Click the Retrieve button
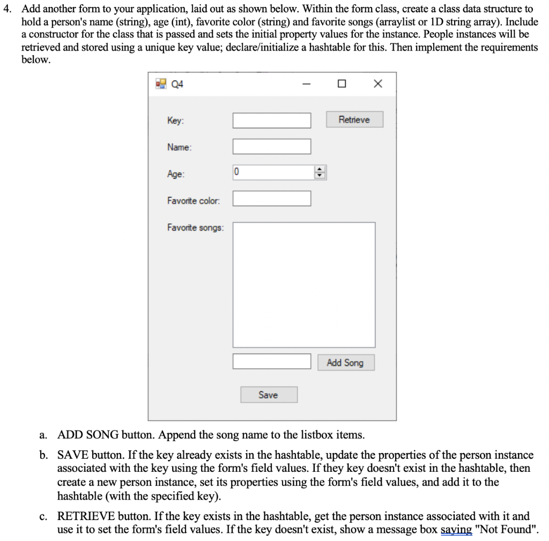click(x=354, y=120)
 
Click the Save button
click(x=268, y=395)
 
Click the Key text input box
click(x=272, y=121)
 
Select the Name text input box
click(x=272, y=147)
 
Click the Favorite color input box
click(x=272, y=199)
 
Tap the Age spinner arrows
click(x=320, y=173)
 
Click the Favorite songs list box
click(x=303, y=284)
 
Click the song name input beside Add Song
click(x=272, y=362)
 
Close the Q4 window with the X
click(x=377, y=84)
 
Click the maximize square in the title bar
click(x=342, y=84)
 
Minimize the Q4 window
click(x=306, y=84)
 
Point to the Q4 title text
click(x=177, y=84)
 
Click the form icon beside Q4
click(x=160, y=84)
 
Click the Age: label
click(x=176, y=174)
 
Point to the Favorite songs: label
click(x=196, y=228)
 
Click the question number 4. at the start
click(x=8, y=9)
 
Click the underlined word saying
click(x=456, y=530)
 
